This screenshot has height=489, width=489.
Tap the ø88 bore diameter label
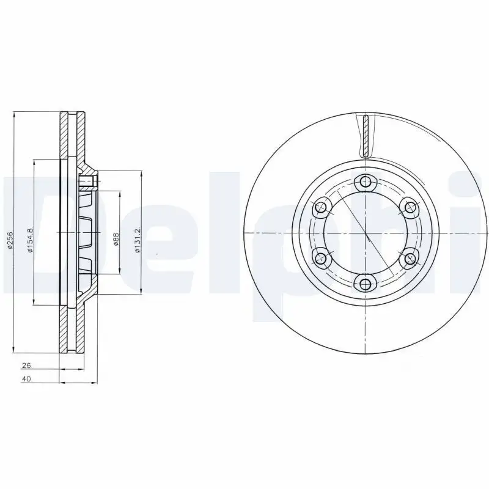click(x=116, y=238)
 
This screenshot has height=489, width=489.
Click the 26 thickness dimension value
click(x=26, y=366)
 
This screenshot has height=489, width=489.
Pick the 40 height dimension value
click(x=26, y=380)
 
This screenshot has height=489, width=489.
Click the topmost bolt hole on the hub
click(x=366, y=182)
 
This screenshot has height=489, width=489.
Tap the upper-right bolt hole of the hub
click(x=410, y=207)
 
